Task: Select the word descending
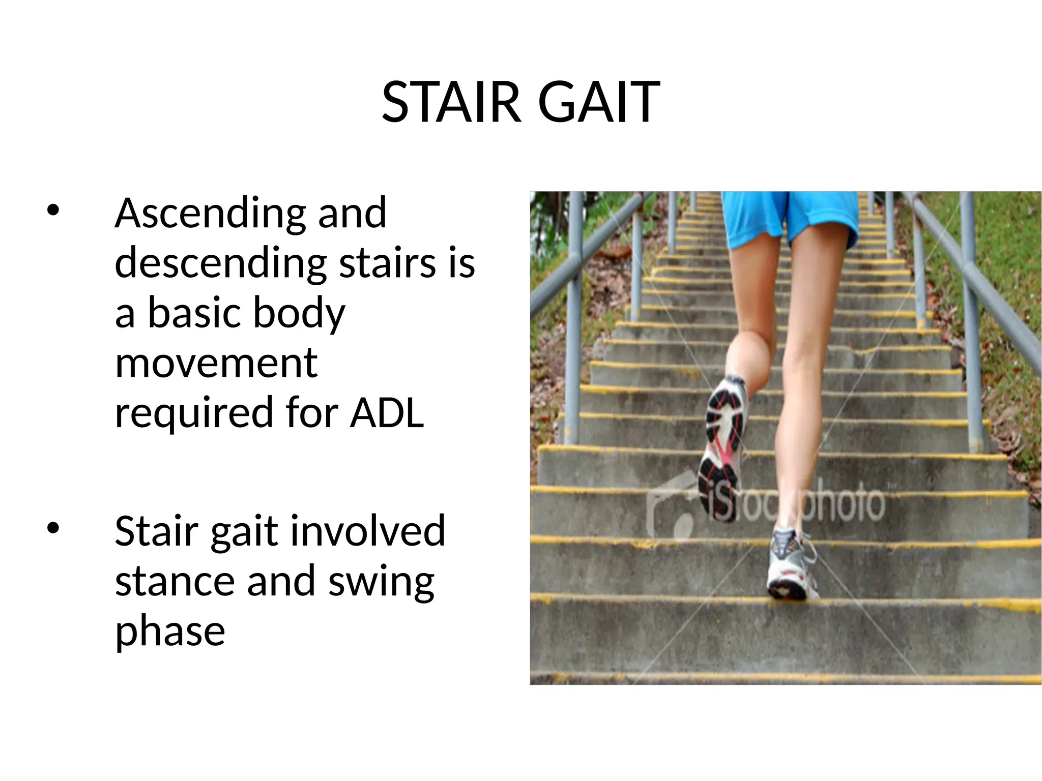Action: (x=220, y=264)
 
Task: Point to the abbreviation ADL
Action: (x=387, y=413)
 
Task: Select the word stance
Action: (x=175, y=582)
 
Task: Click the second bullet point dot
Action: (x=53, y=528)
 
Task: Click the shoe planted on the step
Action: (x=789, y=564)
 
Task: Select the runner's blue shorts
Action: (x=789, y=216)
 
